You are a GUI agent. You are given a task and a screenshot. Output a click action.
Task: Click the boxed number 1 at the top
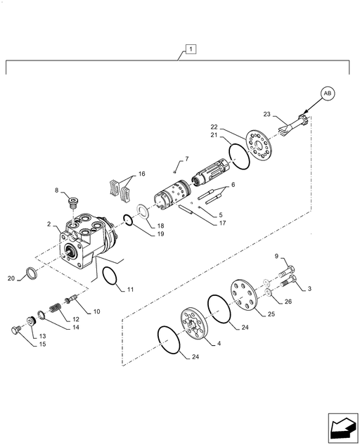tap(191, 49)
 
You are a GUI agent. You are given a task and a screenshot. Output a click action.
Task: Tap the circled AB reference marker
tap(328, 93)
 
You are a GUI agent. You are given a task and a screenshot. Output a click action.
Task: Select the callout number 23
tap(267, 114)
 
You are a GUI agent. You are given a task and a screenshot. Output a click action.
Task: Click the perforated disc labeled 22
tap(259, 146)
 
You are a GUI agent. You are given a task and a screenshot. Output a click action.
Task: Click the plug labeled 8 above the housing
tap(75, 203)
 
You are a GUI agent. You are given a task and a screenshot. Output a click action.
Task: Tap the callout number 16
tap(141, 174)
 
